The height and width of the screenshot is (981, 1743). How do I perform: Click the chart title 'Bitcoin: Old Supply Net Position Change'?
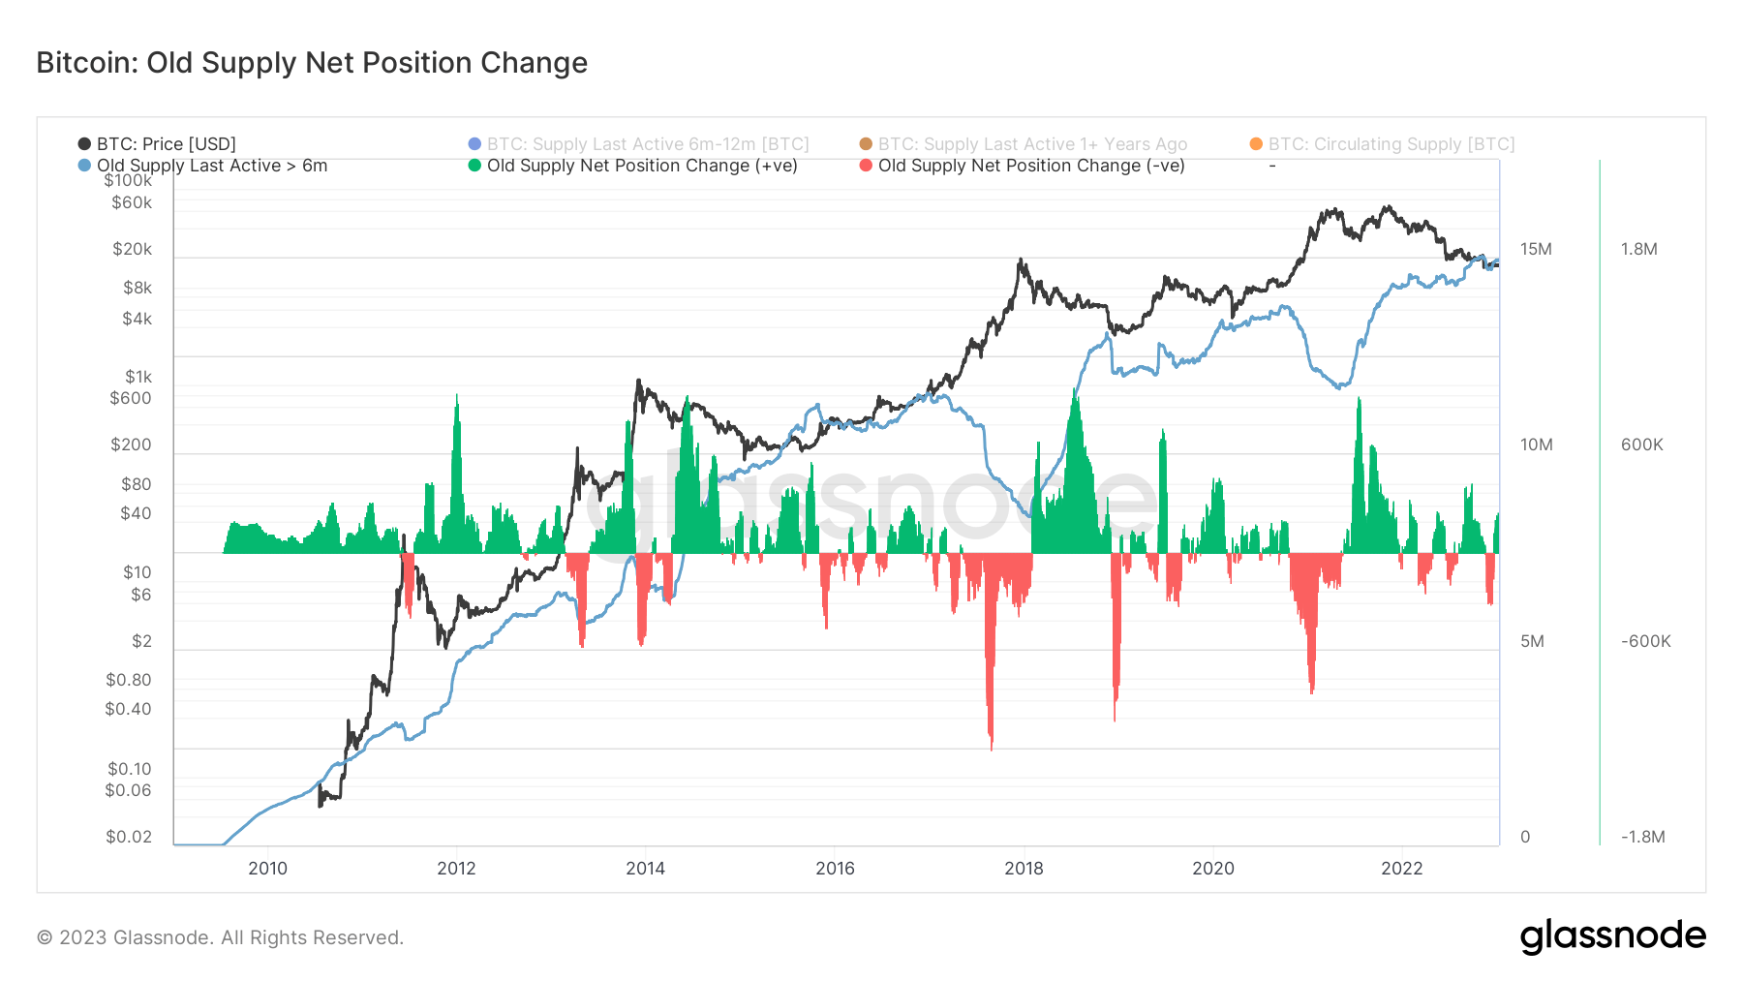(312, 63)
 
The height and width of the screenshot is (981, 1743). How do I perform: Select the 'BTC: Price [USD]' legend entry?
(166, 144)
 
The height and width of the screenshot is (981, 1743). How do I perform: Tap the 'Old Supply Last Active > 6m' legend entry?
(211, 166)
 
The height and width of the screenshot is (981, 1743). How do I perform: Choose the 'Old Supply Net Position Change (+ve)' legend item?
(641, 166)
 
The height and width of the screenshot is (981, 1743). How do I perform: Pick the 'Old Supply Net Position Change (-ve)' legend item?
(1030, 166)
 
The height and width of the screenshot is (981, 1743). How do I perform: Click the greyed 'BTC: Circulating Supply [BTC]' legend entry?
(1391, 144)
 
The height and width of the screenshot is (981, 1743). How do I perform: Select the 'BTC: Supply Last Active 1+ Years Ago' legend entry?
(1031, 144)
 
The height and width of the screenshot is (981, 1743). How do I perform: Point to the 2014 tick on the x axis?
(645, 868)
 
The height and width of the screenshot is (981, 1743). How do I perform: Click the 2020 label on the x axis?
(1212, 868)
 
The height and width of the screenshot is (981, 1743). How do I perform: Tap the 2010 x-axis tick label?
(267, 868)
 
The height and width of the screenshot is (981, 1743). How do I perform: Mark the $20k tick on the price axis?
(132, 249)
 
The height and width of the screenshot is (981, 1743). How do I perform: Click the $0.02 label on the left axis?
(129, 837)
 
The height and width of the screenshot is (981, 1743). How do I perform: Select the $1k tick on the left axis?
(138, 377)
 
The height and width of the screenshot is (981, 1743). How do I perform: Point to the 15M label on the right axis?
(1536, 249)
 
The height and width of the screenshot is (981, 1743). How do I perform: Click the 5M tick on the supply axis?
(1532, 641)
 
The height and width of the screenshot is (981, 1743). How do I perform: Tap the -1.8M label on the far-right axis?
(1642, 837)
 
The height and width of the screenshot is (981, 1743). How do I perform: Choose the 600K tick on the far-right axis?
(1641, 445)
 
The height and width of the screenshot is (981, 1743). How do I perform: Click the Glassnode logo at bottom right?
(1612, 936)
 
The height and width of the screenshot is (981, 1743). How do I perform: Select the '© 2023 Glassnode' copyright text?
(220, 937)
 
